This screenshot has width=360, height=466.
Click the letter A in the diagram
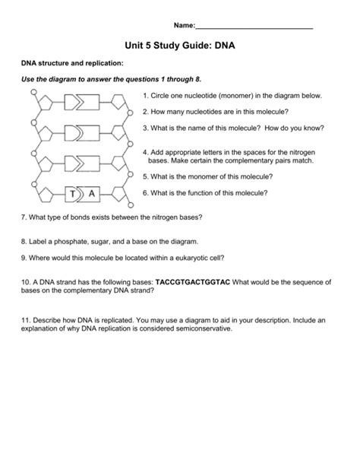click(x=92, y=195)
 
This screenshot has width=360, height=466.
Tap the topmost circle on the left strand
click(x=34, y=92)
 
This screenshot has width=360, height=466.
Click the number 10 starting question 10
click(x=24, y=281)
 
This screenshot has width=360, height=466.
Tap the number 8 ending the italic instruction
click(x=198, y=79)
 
